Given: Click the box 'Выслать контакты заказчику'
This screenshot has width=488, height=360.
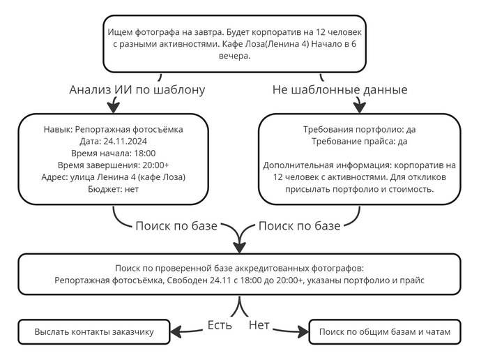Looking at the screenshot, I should (93, 332).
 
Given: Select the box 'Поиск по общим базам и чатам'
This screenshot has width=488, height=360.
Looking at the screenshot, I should (385, 332).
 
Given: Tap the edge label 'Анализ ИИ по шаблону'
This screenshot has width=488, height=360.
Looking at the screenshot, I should (137, 90).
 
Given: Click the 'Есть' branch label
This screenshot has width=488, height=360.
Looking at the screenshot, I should (220, 325).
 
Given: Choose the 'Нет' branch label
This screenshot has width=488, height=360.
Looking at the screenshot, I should (259, 325).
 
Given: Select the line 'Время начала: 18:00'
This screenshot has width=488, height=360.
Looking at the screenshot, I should (113, 153).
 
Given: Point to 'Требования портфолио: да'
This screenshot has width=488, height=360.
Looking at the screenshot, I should (359, 129).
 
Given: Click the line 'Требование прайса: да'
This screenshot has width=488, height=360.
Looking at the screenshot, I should (359, 141).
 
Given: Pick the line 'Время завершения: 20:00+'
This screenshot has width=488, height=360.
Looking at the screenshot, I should (113, 165).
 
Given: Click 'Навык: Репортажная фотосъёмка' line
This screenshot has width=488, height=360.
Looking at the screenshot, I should (113, 129).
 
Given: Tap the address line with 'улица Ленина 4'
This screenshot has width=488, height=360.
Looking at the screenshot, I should (113, 177).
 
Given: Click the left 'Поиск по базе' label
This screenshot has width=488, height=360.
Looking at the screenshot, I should (176, 225).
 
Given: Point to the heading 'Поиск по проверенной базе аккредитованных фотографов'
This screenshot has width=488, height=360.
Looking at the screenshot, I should (239, 268).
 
